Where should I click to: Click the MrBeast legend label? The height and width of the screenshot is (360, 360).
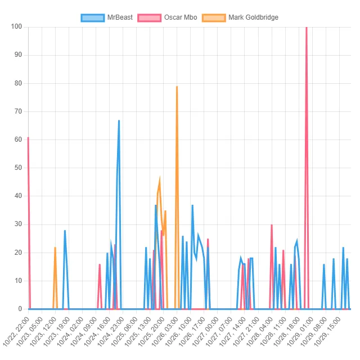click(120, 17)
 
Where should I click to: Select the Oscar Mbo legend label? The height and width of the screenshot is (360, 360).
click(181, 17)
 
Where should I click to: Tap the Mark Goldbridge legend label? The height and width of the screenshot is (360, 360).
click(253, 17)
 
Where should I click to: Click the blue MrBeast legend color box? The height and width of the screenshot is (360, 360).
click(93, 17)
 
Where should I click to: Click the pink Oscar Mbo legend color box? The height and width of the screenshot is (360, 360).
click(150, 17)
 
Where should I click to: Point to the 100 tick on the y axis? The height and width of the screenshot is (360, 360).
click(16, 26)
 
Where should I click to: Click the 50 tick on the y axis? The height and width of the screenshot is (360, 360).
click(17, 168)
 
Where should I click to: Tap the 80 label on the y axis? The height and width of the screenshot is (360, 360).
click(17, 83)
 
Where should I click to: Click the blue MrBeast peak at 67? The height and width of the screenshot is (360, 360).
click(119, 120)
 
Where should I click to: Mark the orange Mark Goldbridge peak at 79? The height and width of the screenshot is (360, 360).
click(177, 87)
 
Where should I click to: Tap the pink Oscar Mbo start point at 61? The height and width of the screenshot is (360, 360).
click(28, 137)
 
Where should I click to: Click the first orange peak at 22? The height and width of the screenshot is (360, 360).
click(55, 247)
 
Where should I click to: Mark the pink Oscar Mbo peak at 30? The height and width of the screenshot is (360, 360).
click(272, 224)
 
